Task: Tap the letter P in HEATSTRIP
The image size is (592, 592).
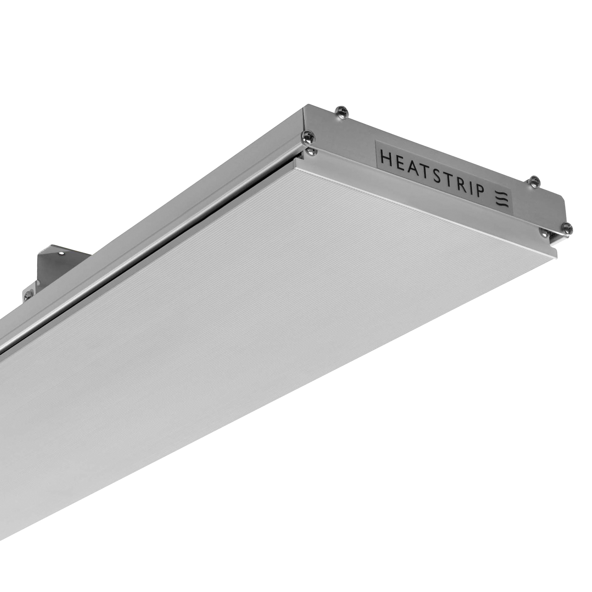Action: [x=478, y=193]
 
